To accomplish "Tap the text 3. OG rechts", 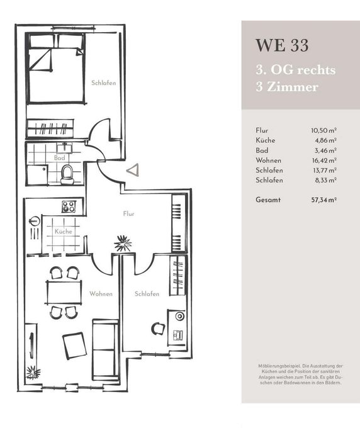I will coord(295,69).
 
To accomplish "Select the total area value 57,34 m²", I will coord(323,200).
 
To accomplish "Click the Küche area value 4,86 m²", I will coord(324,140).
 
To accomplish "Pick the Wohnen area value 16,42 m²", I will coord(323,160).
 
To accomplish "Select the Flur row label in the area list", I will coord(262,130).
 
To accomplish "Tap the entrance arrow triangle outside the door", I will coord(132,169).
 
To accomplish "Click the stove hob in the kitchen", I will coord(69,206).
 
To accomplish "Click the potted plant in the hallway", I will coord(121,242).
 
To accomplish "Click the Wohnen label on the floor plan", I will coord(101,294).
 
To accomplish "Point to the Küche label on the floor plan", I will coord(64,232).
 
